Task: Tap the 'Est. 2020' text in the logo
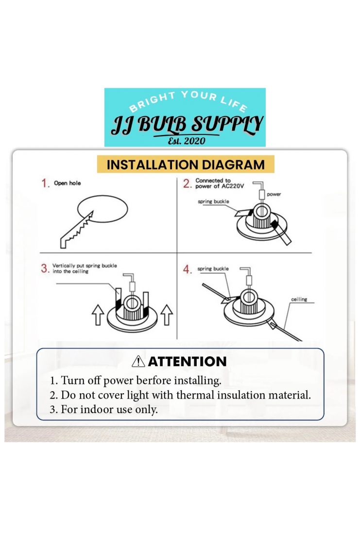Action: pyautogui.click(x=187, y=141)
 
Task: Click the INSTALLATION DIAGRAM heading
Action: pyautogui.click(x=186, y=165)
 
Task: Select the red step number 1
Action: pyautogui.click(x=45, y=183)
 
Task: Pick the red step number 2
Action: pyautogui.click(x=187, y=184)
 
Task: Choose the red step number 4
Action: pyautogui.click(x=187, y=269)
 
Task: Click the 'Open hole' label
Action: pyautogui.click(x=68, y=183)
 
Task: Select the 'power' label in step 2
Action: pyautogui.click(x=274, y=194)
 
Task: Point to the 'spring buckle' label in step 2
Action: pyautogui.click(x=213, y=201)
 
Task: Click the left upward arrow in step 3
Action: pyautogui.click(x=98, y=315)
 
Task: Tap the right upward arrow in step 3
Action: pyautogui.click(x=167, y=315)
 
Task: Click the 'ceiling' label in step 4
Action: pyautogui.click(x=299, y=299)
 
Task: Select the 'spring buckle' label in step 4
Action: pyautogui.click(x=213, y=269)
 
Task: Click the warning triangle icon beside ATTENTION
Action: pyautogui.click(x=138, y=361)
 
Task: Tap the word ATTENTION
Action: pyautogui.click(x=187, y=361)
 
